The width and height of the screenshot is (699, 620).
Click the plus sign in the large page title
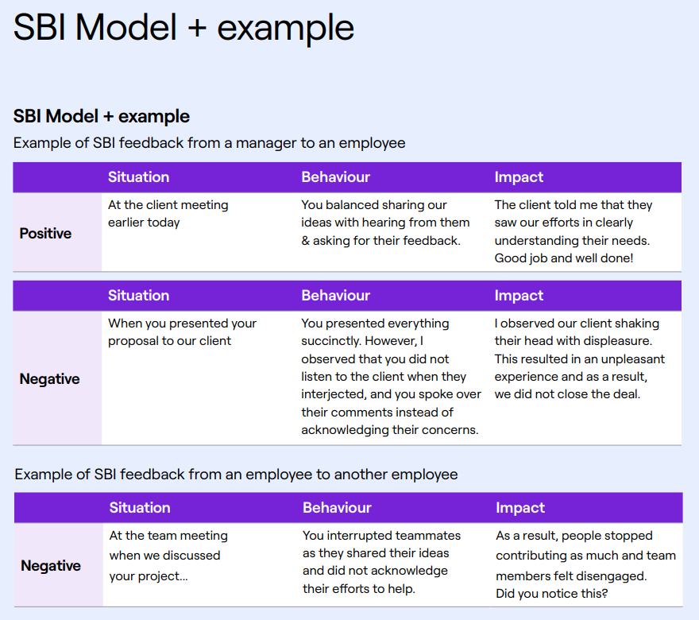click(197, 28)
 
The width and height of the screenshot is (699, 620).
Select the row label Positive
click(45, 233)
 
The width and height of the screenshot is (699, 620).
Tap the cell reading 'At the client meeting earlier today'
click(168, 214)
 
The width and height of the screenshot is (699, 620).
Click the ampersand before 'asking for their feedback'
click(305, 241)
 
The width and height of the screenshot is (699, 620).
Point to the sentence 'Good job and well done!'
click(563, 258)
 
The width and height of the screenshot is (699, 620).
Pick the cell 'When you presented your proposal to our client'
click(183, 331)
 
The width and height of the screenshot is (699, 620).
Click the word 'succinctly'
click(330, 341)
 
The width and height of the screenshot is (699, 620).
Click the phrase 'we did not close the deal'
click(566, 394)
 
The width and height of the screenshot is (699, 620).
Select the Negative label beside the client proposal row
click(49, 378)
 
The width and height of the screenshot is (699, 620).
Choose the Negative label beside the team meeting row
click(51, 566)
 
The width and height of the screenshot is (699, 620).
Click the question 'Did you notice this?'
click(552, 594)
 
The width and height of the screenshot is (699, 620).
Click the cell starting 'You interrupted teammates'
click(381, 562)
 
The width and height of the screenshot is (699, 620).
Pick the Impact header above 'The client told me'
click(519, 177)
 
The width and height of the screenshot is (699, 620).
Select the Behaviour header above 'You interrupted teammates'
click(337, 508)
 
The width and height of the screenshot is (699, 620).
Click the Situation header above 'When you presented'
click(139, 295)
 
